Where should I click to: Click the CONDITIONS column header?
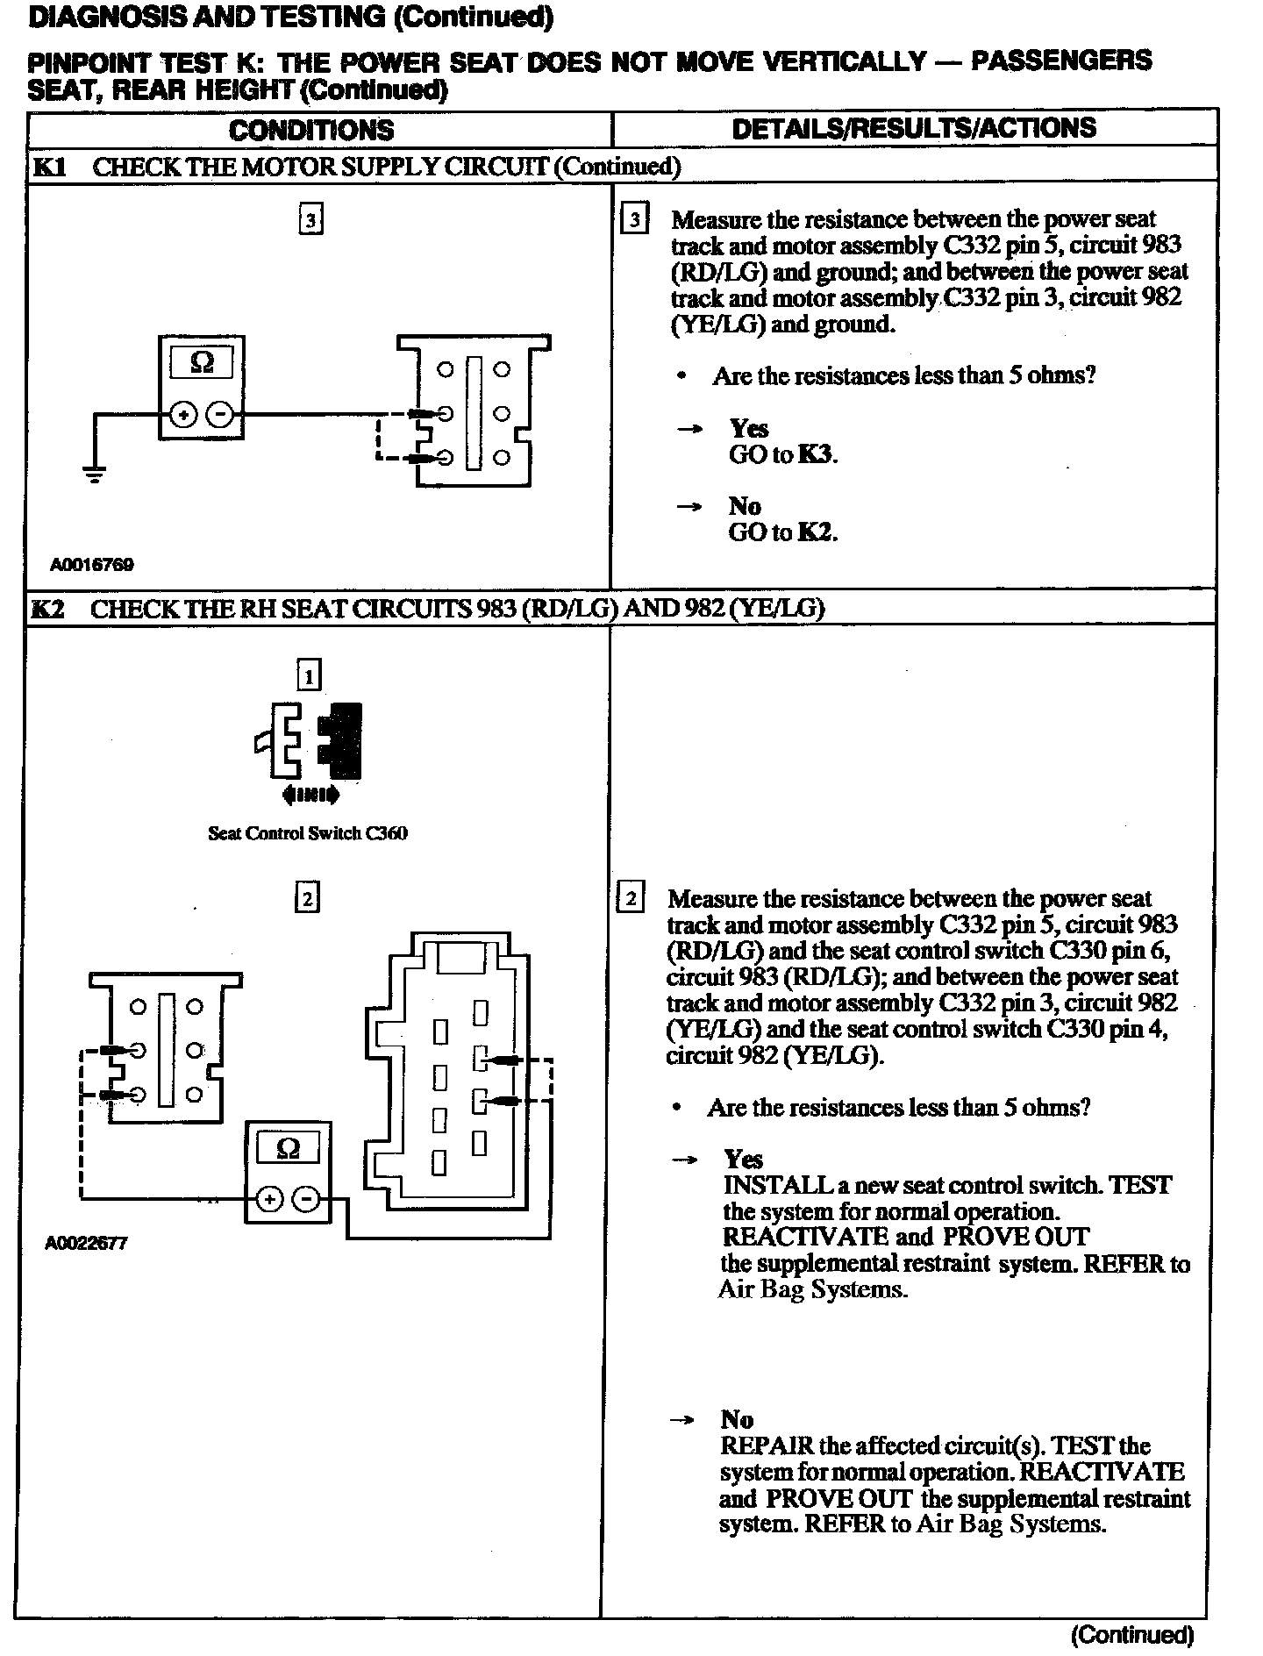pos(311,130)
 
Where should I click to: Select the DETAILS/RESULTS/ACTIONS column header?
pos(914,128)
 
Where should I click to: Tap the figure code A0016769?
pos(92,565)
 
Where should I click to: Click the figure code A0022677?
pos(87,1243)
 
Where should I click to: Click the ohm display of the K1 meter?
pos(202,362)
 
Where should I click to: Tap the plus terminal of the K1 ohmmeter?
pos(183,414)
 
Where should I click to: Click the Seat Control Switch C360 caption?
pos(307,833)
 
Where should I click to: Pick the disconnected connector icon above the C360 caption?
pos(309,741)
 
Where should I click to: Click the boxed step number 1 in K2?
pos(309,675)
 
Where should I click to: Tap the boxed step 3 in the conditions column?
pos(310,219)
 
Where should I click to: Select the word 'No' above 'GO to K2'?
pos(745,506)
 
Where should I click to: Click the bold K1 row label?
pos(49,167)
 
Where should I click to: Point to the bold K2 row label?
pos(48,609)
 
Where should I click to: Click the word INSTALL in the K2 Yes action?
pos(776,1185)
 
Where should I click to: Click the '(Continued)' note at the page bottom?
pos(1132,1635)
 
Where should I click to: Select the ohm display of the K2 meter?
pos(288,1148)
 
